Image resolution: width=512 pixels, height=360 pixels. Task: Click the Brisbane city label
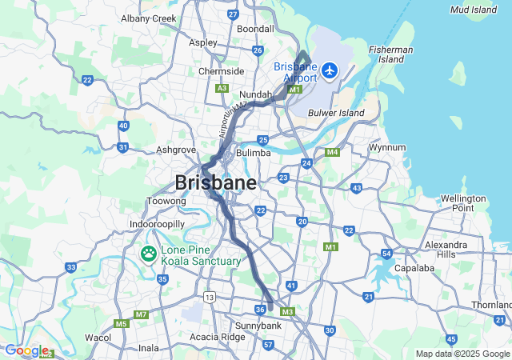215,182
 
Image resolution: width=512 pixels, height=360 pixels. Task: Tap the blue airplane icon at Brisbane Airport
329,71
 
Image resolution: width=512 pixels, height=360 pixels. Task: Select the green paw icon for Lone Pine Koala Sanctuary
149,254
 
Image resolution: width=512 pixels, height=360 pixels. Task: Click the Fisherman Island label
390,54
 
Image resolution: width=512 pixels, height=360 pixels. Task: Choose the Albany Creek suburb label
148,18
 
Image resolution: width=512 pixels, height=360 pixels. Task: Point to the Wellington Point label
462,203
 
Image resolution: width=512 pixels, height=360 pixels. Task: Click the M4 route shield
332,152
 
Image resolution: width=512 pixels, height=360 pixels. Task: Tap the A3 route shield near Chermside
222,88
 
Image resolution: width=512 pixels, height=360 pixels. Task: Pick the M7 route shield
142,314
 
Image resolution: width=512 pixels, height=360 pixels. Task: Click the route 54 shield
386,254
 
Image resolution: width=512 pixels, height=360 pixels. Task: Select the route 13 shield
210,297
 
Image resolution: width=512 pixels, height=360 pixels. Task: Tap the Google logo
26,350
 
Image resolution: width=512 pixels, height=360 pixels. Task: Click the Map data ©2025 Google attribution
462,354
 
